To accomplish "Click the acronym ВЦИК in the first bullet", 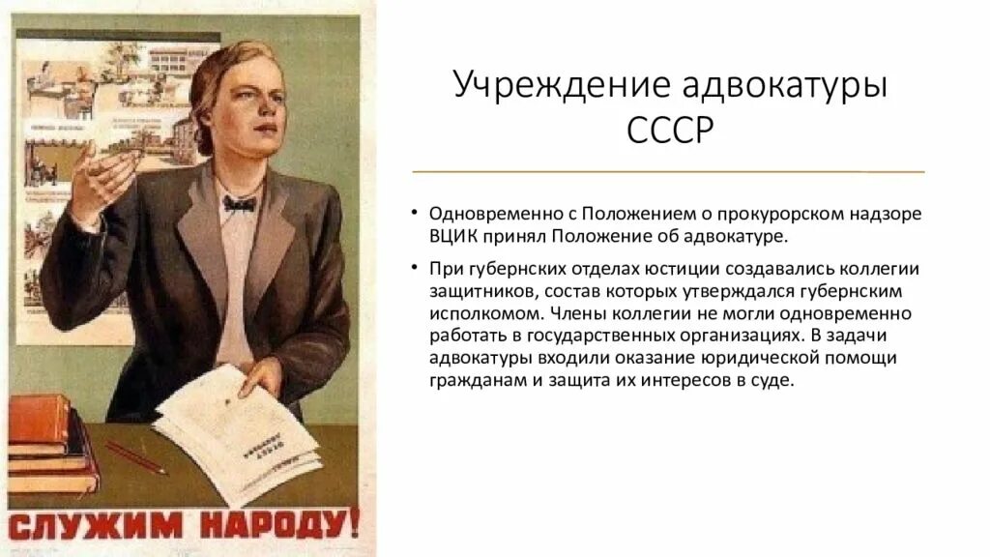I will pos(451,236).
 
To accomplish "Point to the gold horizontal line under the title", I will pos(668,171).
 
